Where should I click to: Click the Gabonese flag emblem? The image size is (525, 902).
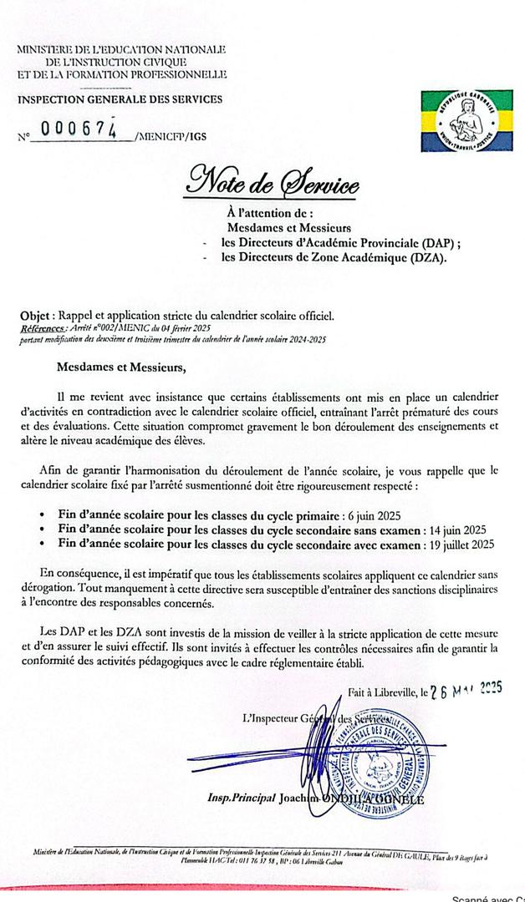(458, 122)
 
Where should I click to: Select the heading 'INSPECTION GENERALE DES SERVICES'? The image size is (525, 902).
(120, 100)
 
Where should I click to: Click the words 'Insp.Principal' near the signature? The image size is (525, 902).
(242, 798)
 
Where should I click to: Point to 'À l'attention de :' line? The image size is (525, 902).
(269, 213)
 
